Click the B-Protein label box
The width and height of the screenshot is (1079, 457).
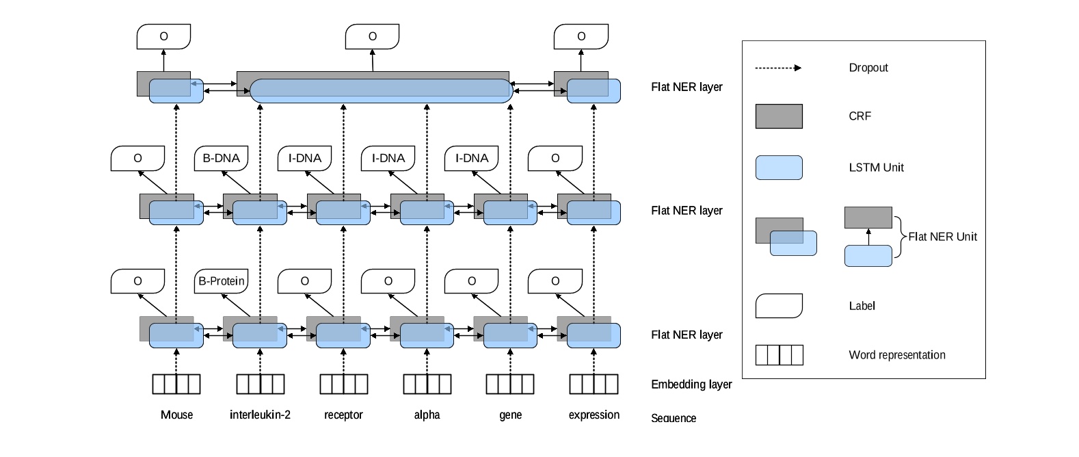tap(221, 281)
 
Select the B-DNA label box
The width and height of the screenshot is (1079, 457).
tap(221, 158)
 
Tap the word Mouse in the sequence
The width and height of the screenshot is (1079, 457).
tap(176, 415)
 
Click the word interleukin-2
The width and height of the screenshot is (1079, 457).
tap(260, 415)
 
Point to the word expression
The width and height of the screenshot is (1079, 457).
tap(594, 415)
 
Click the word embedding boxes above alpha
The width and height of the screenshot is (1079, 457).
tap(427, 384)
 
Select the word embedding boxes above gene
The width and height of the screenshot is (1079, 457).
tap(510, 384)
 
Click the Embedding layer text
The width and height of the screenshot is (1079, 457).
tap(691, 384)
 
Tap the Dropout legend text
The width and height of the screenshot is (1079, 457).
tap(868, 68)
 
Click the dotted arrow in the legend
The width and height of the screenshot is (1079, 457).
tap(777, 68)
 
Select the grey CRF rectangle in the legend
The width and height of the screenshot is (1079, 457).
tap(778, 116)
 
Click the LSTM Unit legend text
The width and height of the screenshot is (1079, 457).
tap(876, 168)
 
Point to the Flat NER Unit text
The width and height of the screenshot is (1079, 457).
tap(942, 237)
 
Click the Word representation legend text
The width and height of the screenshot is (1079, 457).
tap(896, 355)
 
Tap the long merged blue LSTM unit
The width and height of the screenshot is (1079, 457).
tap(381, 91)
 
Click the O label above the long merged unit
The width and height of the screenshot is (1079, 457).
tap(372, 37)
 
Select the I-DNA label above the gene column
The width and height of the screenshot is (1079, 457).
tap(472, 158)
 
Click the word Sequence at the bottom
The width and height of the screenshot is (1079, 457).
tap(673, 418)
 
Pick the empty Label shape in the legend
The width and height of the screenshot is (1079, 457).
tap(778, 306)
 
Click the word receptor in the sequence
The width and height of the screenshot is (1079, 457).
tap(343, 415)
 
